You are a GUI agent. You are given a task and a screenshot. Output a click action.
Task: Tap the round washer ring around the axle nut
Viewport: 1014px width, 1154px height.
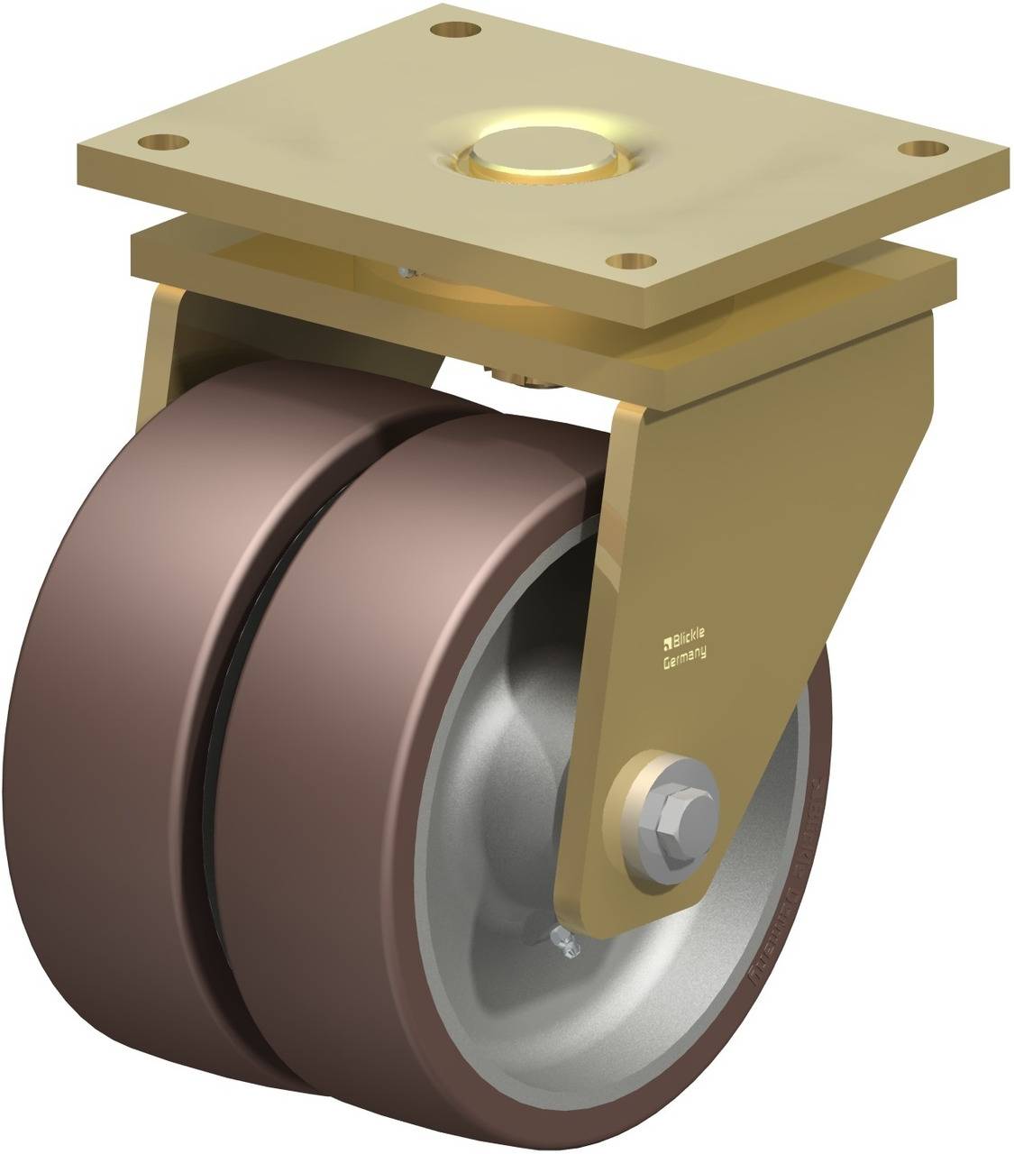[642, 784]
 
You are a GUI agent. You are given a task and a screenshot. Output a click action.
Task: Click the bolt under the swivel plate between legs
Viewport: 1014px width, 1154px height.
[537, 377]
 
